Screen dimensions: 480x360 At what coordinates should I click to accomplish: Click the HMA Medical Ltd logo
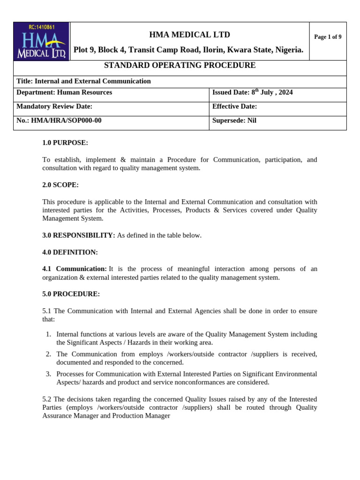[41, 41]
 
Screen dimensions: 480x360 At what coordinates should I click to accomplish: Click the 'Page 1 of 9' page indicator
[328, 37]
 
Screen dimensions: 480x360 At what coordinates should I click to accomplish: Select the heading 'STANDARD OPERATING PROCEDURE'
[180, 66]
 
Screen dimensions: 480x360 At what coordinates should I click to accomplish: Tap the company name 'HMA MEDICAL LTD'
[189, 35]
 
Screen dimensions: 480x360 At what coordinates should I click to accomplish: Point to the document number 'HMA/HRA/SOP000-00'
[66, 120]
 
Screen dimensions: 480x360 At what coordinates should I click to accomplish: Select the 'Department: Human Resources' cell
[64, 92]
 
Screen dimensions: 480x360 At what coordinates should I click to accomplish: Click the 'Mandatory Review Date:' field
[54, 106]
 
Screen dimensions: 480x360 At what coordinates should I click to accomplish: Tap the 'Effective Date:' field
[234, 106]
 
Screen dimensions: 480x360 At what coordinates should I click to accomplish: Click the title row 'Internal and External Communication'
[83, 81]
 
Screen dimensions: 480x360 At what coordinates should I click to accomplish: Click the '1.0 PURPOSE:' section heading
[65, 142]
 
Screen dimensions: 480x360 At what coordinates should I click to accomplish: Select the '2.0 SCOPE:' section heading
[60, 185]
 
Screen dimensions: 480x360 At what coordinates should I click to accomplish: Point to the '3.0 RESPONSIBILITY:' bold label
[78, 235]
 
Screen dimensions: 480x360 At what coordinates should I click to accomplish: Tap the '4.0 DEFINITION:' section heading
[70, 252]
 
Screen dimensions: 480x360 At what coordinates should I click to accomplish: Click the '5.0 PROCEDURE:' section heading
[71, 294]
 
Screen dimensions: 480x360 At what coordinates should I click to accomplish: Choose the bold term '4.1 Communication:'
[75, 269]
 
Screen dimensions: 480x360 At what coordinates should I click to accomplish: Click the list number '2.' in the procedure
[48, 353]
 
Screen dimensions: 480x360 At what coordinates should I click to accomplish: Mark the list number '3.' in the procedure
[48, 374]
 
